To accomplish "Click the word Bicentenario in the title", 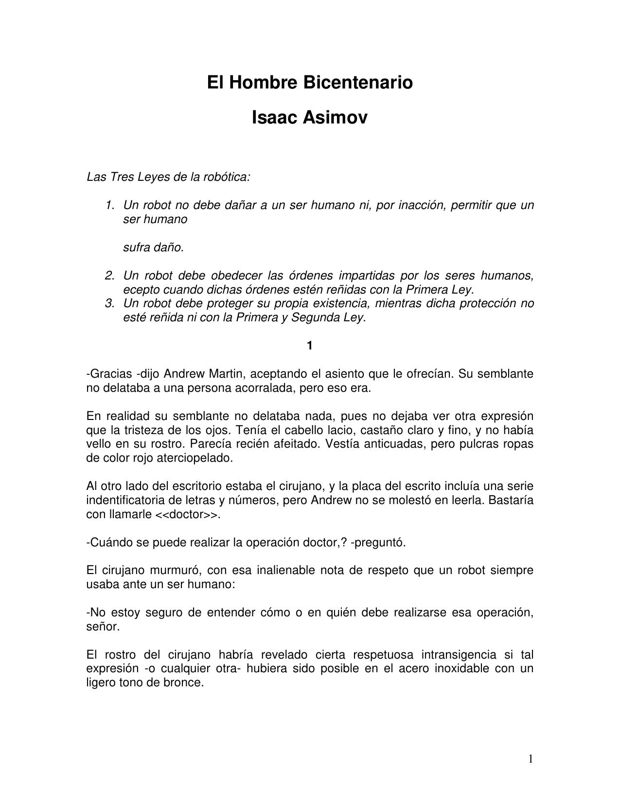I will pyautogui.click(x=358, y=83).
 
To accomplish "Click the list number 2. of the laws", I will pyautogui.click(x=109, y=276).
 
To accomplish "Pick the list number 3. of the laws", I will pyautogui.click(x=109, y=303).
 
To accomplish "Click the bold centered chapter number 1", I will pyautogui.click(x=310, y=346).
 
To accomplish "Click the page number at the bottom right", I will pyautogui.click(x=531, y=759).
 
